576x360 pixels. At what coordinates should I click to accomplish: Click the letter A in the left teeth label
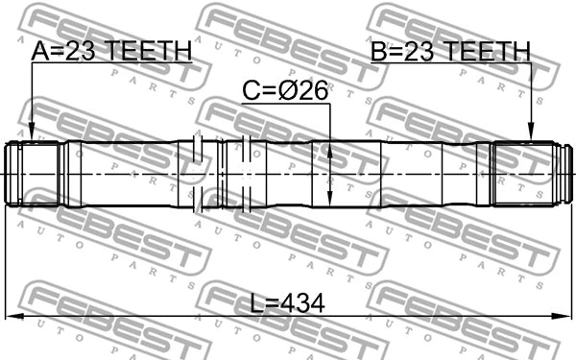(41, 51)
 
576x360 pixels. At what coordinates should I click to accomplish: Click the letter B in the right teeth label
(380, 50)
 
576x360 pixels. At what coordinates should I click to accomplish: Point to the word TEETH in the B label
(487, 50)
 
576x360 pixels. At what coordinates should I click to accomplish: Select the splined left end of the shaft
(35, 174)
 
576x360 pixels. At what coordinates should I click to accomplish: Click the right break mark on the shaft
(247, 174)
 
